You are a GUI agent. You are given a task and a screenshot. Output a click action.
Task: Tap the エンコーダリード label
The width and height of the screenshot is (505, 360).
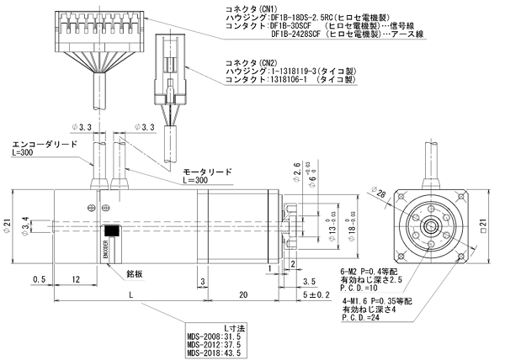(42, 144)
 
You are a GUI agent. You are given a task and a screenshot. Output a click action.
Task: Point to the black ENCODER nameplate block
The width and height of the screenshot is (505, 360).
(111, 230)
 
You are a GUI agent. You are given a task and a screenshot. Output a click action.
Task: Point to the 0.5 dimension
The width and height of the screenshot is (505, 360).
(40, 279)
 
